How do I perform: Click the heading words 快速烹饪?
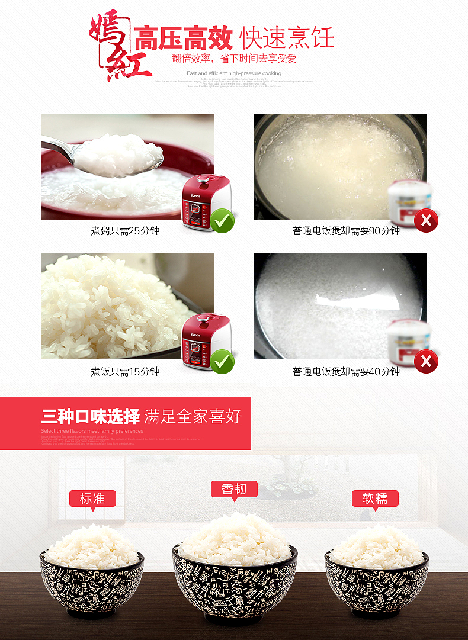(287, 38)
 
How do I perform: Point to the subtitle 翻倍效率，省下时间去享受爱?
(234, 59)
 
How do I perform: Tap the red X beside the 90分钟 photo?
(426, 221)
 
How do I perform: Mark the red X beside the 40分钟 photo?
(426, 361)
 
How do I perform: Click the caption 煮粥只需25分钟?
(125, 231)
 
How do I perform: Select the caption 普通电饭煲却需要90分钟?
(346, 231)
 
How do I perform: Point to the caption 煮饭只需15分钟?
(125, 372)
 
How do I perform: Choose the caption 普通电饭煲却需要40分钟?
(346, 372)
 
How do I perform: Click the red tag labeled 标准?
(92, 499)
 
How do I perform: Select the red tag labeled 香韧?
(234, 489)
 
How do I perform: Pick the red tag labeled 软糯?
(375, 499)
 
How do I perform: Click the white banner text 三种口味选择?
(91, 416)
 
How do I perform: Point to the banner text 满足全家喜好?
(193, 416)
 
